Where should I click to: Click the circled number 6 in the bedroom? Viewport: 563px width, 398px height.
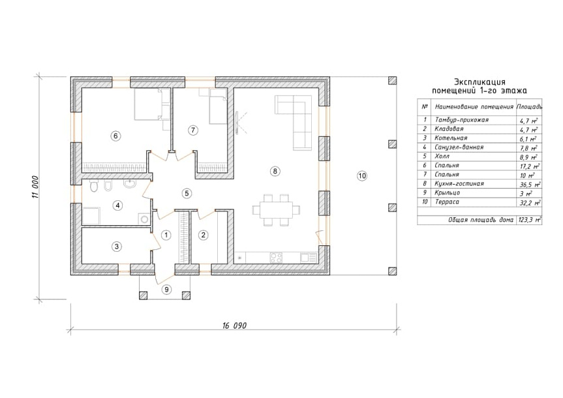115,136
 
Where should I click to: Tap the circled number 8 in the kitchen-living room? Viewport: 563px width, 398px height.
275,171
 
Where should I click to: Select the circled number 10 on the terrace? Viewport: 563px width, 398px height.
362,176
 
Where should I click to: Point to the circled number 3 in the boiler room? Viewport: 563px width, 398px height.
116,247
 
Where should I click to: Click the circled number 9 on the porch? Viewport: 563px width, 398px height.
166,289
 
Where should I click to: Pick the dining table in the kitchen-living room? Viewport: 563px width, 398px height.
276,210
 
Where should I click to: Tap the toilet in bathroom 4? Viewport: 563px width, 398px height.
94,187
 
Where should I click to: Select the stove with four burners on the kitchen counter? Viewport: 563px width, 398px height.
276,258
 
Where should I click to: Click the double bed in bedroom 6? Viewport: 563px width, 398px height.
147,104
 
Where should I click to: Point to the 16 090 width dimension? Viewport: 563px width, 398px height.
234,326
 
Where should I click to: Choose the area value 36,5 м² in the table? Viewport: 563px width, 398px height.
530,185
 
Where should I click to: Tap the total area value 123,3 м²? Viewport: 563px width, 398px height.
530,220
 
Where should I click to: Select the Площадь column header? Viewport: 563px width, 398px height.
529,107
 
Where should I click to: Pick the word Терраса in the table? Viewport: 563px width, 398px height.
447,202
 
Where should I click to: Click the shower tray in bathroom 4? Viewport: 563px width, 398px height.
92,215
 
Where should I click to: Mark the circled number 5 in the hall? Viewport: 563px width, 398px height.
187,193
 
